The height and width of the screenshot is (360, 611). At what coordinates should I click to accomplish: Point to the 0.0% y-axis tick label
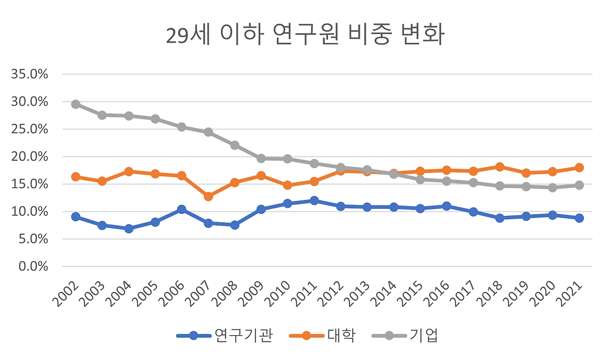click(33, 266)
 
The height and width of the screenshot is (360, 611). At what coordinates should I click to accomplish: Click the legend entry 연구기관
click(243, 335)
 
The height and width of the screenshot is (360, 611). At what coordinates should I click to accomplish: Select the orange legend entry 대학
click(341, 335)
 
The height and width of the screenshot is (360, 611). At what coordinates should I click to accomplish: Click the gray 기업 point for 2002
click(75, 104)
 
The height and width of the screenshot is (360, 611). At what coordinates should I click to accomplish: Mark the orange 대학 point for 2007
click(208, 196)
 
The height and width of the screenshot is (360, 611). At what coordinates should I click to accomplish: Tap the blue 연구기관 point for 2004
click(128, 229)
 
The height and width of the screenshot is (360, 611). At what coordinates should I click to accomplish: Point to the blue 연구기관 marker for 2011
click(314, 201)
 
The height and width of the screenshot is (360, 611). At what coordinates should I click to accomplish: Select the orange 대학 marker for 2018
click(500, 167)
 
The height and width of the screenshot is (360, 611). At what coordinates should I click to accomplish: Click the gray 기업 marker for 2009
click(261, 158)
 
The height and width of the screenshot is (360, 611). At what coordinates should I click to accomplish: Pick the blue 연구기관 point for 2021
click(579, 218)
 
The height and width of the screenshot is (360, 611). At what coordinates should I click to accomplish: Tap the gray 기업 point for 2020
click(552, 188)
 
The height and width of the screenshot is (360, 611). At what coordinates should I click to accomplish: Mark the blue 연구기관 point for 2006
click(181, 209)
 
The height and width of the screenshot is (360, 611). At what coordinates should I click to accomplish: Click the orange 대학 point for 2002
click(75, 177)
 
